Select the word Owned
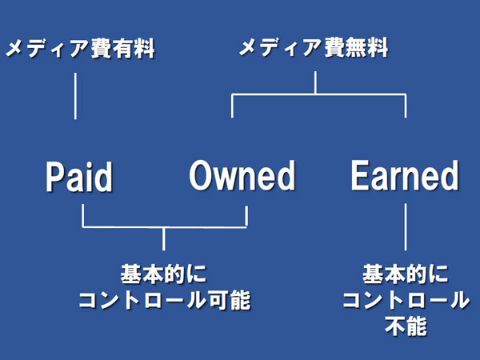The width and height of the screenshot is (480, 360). pos(242,176)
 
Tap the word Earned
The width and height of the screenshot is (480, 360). pos(405,176)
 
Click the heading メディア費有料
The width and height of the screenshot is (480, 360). pos(79,50)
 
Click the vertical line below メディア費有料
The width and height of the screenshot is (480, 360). pos(76,96)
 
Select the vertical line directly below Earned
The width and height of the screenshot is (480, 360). pos(406,226)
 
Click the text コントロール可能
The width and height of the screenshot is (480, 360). pos(164,301)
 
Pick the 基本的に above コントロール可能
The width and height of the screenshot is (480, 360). pos(164,274)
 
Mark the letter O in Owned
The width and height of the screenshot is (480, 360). pos(203,176)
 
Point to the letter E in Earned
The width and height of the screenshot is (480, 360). pos(360,176)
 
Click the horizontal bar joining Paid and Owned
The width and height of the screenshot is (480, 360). pos(164,226)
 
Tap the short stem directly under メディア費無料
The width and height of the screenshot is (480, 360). pos(316,82)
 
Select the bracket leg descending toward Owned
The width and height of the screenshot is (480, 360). pos(232,106)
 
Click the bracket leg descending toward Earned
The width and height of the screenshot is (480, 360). pos(406,106)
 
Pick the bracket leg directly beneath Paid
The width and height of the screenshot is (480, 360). pos(82,216)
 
